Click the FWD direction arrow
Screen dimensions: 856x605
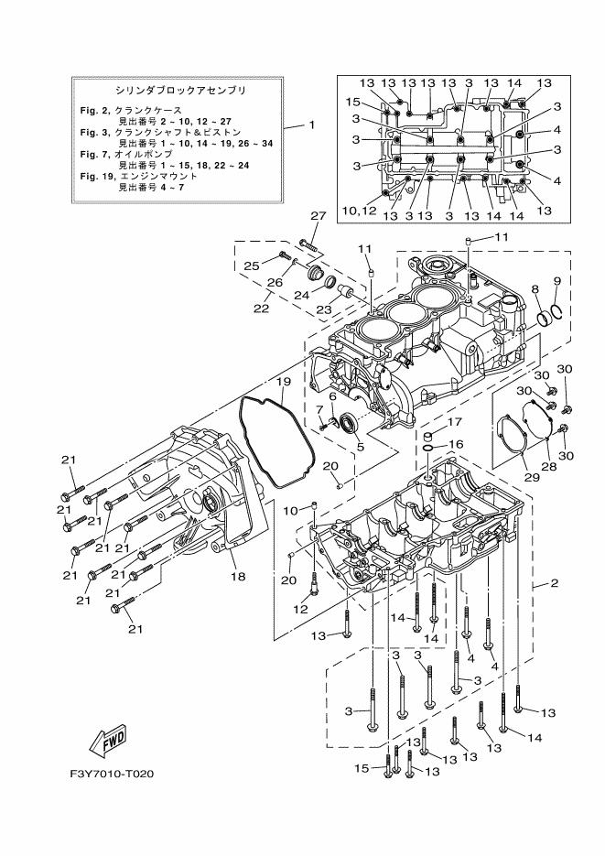[108, 738]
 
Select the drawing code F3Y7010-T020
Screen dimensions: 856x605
[112, 774]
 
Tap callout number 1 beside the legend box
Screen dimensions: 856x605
[310, 125]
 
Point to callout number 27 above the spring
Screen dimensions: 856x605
[318, 216]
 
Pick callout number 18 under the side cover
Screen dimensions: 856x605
[237, 578]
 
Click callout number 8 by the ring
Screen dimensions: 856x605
[535, 290]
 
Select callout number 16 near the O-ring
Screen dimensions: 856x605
[455, 444]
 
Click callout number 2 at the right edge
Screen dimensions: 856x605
[554, 583]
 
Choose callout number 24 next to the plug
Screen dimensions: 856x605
[302, 296]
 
